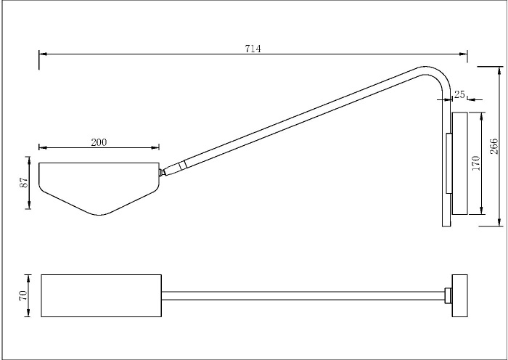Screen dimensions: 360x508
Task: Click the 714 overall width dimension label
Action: point(253,48)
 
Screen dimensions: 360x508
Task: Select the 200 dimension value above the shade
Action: point(99,142)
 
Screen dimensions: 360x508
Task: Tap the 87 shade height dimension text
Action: point(22,182)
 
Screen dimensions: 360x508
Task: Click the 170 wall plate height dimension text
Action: point(476,163)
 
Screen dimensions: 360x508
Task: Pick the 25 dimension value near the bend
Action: point(459,94)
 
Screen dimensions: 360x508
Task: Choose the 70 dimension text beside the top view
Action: point(22,295)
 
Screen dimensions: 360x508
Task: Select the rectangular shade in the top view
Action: point(101,295)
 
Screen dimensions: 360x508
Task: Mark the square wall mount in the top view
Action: point(460,295)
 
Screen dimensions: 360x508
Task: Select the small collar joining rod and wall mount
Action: point(448,295)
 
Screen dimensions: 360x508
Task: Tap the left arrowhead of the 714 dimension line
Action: point(42,54)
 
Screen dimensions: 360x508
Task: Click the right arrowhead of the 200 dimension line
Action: point(156,148)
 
